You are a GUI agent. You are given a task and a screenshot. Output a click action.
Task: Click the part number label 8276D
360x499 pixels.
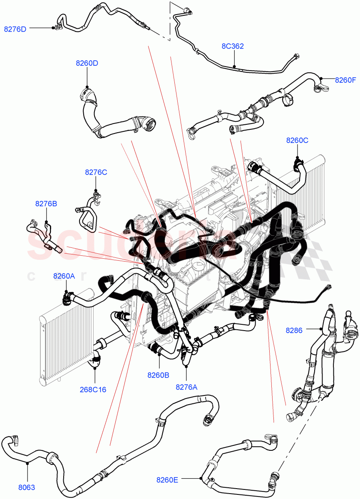click(x=15, y=29)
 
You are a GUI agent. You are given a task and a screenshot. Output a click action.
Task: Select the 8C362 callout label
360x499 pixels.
click(x=232, y=46)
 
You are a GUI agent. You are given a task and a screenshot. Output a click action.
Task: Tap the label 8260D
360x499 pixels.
click(x=87, y=63)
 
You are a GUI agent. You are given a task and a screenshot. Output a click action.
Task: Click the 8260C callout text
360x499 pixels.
click(x=297, y=140)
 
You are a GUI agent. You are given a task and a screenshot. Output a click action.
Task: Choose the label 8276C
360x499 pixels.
click(x=96, y=172)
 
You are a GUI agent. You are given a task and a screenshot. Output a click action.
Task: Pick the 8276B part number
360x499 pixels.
click(x=46, y=204)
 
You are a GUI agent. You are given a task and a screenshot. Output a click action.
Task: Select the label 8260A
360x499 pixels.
click(x=64, y=276)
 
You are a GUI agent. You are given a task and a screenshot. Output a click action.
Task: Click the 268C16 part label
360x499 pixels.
click(x=93, y=390)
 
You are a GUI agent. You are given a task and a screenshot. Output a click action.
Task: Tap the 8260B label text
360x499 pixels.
click(x=158, y=375)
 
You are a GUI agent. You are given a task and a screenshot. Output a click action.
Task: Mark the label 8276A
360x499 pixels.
click(x=186, y=387)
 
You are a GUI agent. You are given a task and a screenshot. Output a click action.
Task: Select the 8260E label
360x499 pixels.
click(x=167, y=479)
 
